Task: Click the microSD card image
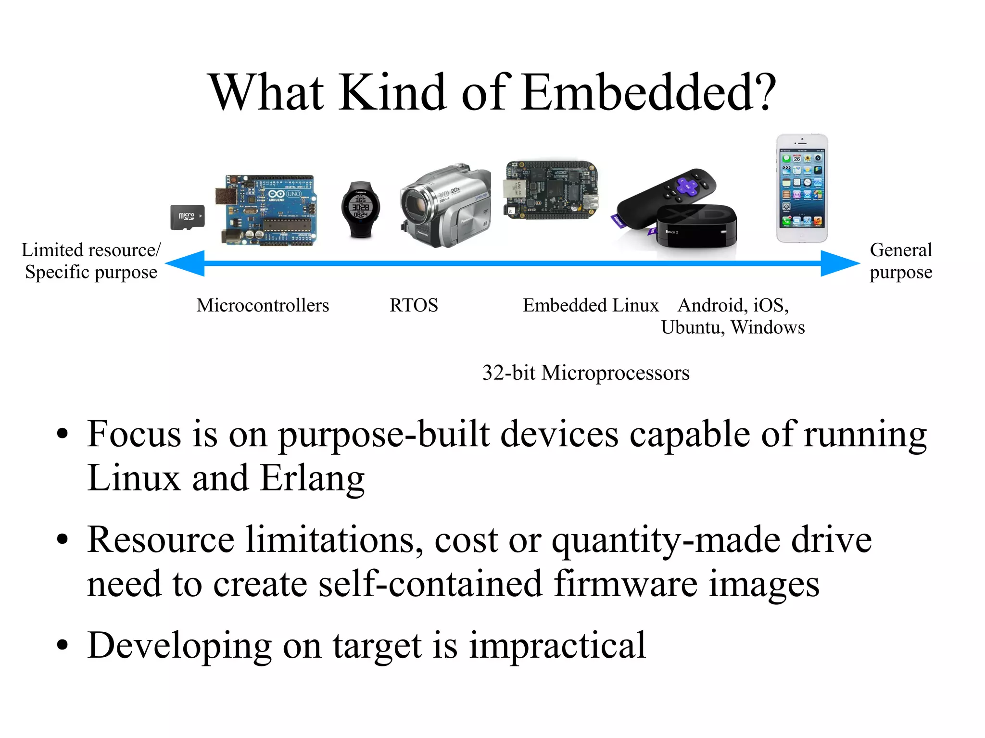pos(187,217)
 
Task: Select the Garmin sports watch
pos(361,210)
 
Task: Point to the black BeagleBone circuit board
pos(552,190)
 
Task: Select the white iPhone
pos(802,188)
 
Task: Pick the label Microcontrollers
pos(263,305)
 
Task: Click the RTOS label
pos(414,305)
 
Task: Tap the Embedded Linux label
pos(591,305)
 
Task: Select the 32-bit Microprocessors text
pos(586,373)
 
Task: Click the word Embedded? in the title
pos(649,92)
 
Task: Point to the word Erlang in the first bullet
pos(312,478)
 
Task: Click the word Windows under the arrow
pos(768,327)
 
